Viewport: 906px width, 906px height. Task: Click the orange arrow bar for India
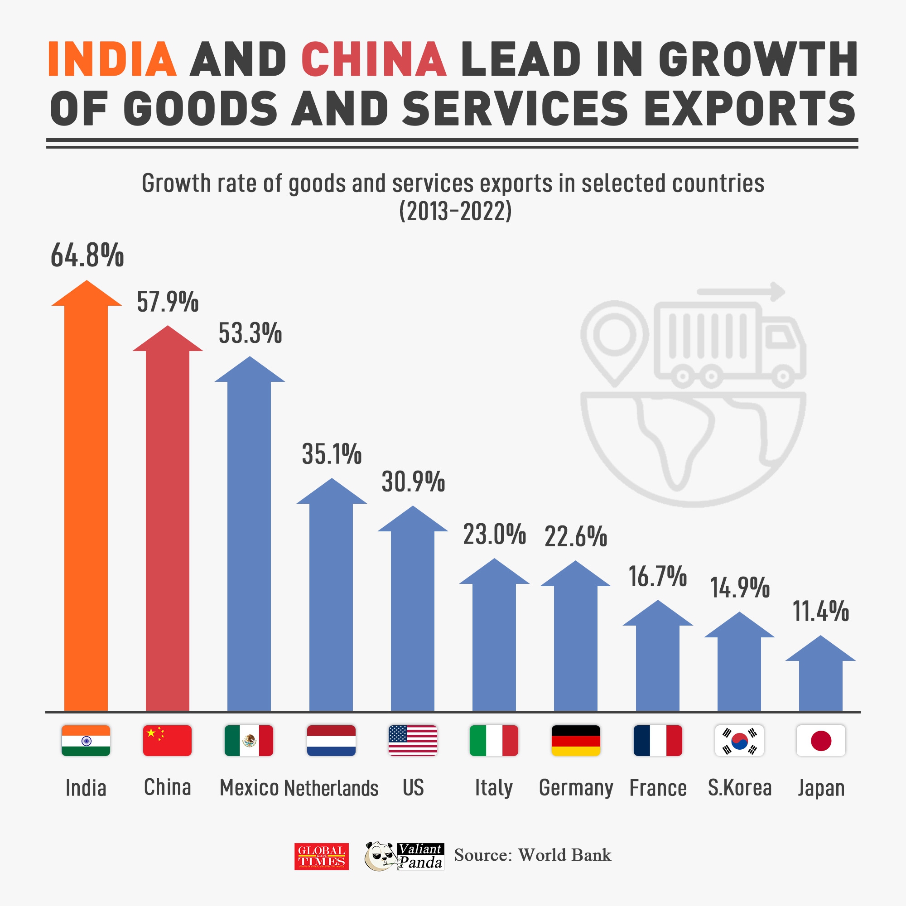click(x=86, y=506)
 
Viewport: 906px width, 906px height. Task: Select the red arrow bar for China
click(x=168, y=530)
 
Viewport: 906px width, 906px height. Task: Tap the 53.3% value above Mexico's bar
click(x=250, y=333)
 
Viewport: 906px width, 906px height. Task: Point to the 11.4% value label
click(x=821, y=612)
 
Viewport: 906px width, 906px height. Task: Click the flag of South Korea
click(x=739, y=741)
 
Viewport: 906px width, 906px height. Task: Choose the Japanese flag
click(x=821, y=741)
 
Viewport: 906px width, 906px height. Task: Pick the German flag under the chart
click(x=575, y=741)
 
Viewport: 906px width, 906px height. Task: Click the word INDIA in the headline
click(x=112, y=59)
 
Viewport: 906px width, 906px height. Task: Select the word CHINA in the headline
click(x=374, y=59)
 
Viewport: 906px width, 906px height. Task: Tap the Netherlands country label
click(x=331, y=788)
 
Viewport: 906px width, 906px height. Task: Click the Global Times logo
click(x=321, y=857)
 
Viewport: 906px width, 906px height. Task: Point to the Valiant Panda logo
click(x=404, y=856)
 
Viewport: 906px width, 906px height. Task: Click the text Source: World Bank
click(x=533, y=855)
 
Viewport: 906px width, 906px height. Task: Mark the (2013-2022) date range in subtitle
click(x=455, y=212)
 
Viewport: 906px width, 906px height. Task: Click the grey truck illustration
click(x=729, y=345)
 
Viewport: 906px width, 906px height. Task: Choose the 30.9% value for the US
click(x=413, y=482)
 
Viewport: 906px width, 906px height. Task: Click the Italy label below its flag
click(x=494, y=788)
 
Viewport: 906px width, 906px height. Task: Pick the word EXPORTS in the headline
click(x=750, y=109)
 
